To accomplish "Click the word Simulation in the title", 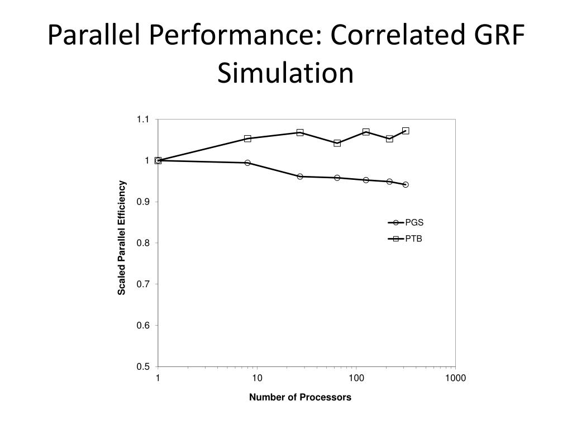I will click(x=285, y=73).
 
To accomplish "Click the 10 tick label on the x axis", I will click(x=257, y=378).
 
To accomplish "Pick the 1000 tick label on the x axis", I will click(x=455, y=378).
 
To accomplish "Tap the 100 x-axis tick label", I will click(x=356, y=378).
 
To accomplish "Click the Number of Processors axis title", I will click(x=300, y=398).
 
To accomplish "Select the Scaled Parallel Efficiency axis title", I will click(x=122, y=238).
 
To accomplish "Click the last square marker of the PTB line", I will click(x=406, y=131).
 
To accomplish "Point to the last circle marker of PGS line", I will click(x=406, y=184).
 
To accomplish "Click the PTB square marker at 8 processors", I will click(x=247, y=139).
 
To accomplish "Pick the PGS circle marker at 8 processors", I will click(x=247, y=163).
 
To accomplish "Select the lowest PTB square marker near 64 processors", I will click(x=337, y=143).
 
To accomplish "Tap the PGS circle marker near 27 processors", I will click(x=300, y=177).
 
